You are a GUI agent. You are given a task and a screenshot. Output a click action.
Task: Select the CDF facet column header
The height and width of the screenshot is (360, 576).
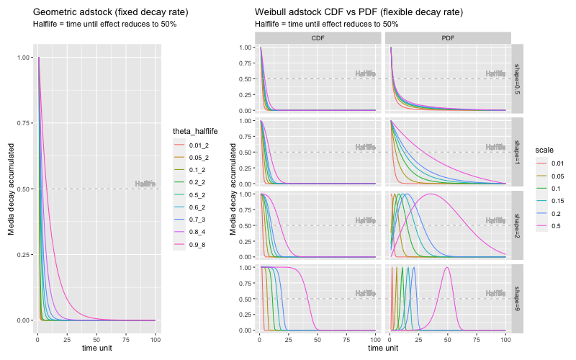tap(318, 37)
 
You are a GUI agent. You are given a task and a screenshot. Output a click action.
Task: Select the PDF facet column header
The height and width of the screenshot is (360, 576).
tap(447, 37)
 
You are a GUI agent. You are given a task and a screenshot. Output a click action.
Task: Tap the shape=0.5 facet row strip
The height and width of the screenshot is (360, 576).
tap(517, 78)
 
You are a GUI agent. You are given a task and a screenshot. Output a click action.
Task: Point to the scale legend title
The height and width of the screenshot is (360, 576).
tap(545, 148)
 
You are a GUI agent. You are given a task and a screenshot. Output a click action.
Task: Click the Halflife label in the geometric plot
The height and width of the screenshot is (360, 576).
tap(145, 184)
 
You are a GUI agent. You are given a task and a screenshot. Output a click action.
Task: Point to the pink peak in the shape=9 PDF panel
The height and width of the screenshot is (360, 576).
tap(447, 268)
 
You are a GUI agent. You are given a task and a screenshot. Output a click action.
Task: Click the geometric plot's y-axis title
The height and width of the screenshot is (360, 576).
tap(11, 189)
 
